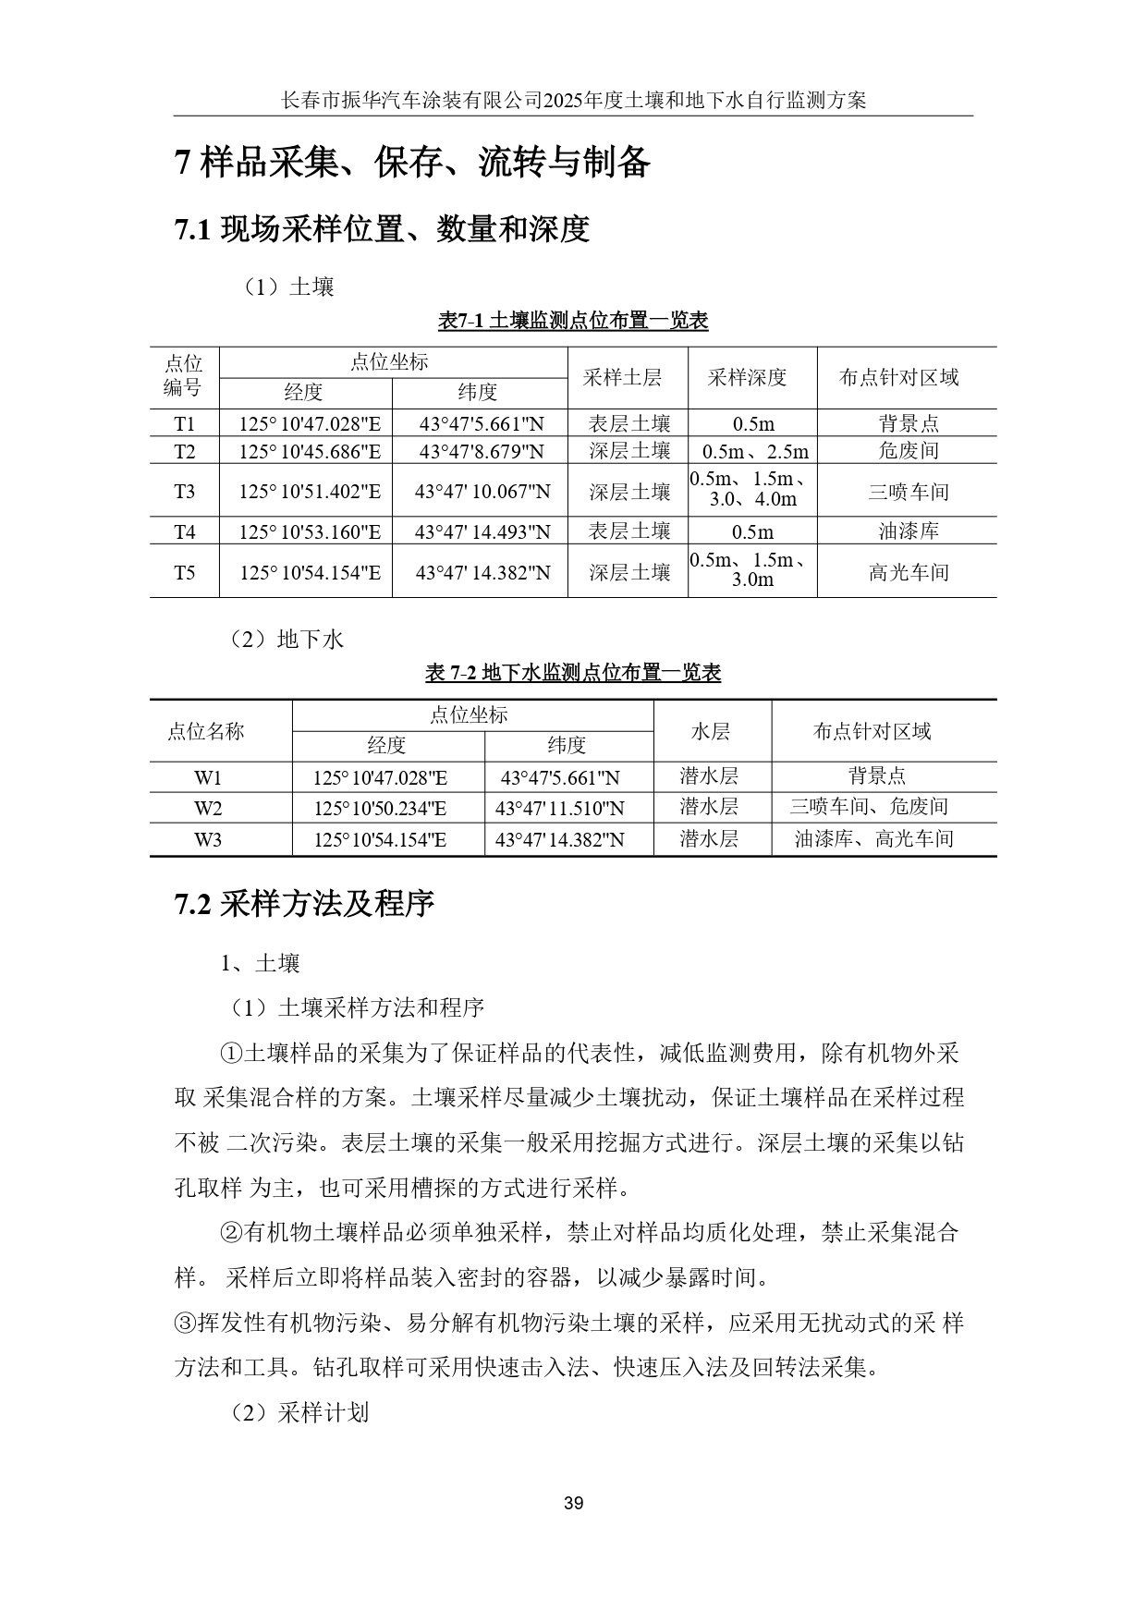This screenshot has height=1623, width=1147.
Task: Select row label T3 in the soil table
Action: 185,491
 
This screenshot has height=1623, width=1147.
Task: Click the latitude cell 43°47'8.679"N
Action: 482,451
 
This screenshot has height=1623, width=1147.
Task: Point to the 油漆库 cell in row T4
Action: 908,531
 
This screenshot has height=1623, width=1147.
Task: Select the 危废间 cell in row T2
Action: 908,451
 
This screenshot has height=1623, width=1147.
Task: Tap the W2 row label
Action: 208,808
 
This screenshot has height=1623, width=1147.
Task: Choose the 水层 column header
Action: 711,731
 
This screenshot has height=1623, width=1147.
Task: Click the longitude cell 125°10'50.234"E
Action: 380,808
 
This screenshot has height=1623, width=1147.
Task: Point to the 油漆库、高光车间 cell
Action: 873,839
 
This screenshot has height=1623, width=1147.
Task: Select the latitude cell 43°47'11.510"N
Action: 560,808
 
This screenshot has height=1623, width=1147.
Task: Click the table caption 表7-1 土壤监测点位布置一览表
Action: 573,321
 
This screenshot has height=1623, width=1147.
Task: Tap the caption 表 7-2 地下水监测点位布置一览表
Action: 573,673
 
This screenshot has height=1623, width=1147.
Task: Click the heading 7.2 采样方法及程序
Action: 304,904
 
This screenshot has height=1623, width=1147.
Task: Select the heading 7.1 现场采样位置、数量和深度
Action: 382,228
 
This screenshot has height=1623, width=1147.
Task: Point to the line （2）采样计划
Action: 299,1412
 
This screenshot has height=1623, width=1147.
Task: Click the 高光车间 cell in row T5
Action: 908,572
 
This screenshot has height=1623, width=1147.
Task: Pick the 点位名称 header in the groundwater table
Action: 206,731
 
